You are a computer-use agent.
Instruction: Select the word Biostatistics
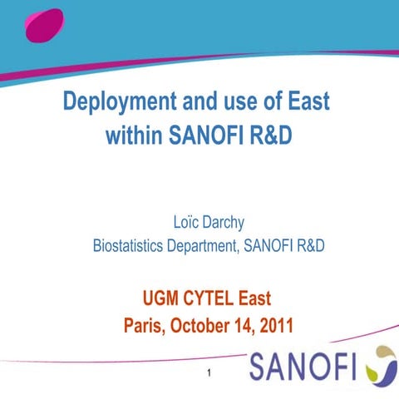pyautogui.click(x=132, y=246)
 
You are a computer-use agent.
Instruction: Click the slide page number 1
pyautogui.click(x=209, y=374)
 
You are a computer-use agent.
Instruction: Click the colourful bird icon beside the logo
pyautogui.click(x=381, y=362)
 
